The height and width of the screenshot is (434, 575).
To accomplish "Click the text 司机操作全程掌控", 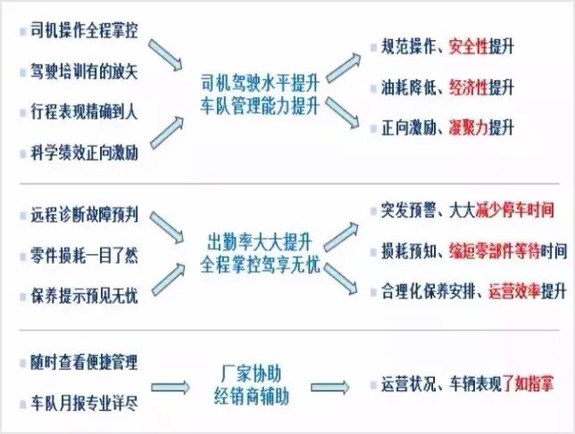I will click(86, 30).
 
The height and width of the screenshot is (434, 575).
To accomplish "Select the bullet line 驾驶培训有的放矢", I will click(86, 70).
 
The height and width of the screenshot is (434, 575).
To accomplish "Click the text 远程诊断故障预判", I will click(86, 216).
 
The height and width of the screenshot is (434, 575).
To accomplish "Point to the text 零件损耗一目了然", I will click(86, 255).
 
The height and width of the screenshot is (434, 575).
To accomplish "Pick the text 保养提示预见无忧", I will click(86, 295).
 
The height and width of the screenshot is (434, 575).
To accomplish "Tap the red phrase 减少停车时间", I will click(508, 211).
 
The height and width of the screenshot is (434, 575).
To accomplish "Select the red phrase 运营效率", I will click(513, 291).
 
